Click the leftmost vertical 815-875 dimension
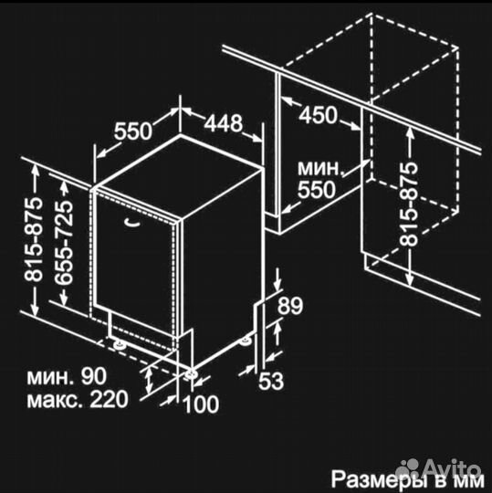[x=32, y=241]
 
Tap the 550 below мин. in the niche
[x=319, y=189]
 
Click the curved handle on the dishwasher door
[x=131, y=219]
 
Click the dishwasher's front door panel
[x=137, y=265]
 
